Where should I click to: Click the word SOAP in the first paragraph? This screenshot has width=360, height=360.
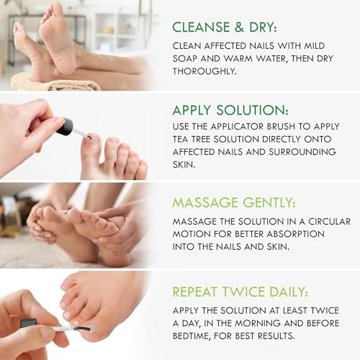pos(188,59)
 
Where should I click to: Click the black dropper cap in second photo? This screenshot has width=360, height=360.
pos(66,127)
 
